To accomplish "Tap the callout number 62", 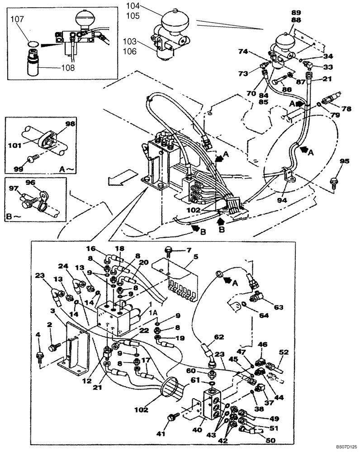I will pyautogui.click(x=220, y=336).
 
